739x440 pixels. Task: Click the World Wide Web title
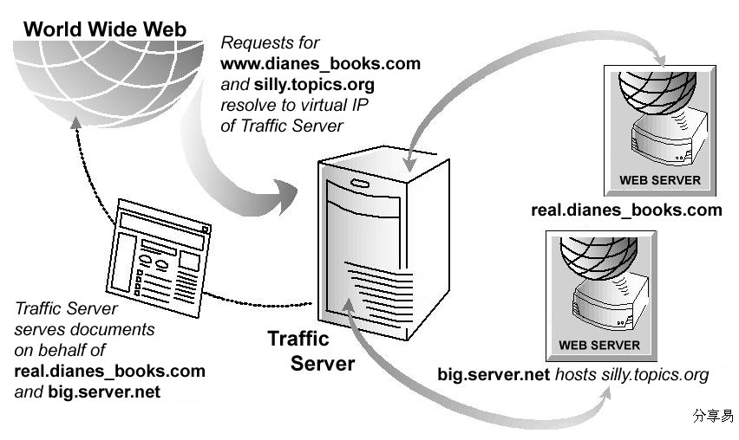[105, 29]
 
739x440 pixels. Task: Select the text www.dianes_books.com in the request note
[320, 63]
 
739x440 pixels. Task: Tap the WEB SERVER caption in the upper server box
[659, 180]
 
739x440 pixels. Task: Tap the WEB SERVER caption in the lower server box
[598, 345]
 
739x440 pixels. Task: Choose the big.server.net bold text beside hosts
[494, 375]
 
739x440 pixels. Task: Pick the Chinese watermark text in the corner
[713, 416]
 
